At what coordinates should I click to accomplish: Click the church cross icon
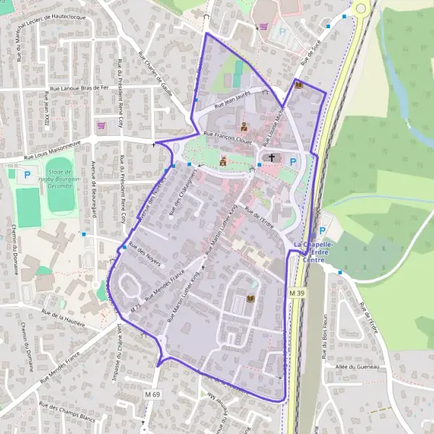[272, 158]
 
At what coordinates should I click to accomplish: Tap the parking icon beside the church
[293, 162]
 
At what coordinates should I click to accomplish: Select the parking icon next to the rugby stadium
[27, 174]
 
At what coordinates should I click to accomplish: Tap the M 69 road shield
[151, 394]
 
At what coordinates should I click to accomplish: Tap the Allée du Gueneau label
[358, 367]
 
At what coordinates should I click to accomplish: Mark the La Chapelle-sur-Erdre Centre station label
[313, 252]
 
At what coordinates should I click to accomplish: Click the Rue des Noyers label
[145, 250]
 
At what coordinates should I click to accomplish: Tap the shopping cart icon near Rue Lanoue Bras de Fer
[101, 125]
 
